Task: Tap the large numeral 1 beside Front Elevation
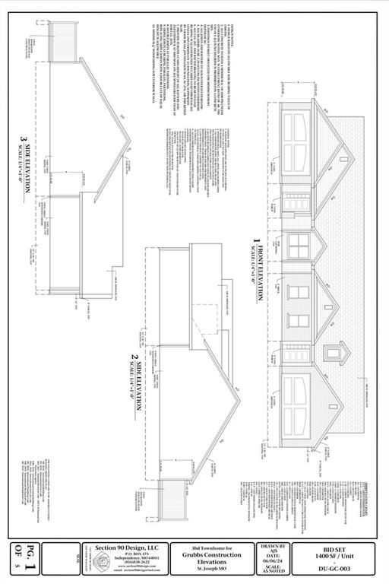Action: tap(257, 244)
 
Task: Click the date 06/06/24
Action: tap(273, 563)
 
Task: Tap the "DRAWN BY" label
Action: tap(273, 546)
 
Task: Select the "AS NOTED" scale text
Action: tap(273, 576)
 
